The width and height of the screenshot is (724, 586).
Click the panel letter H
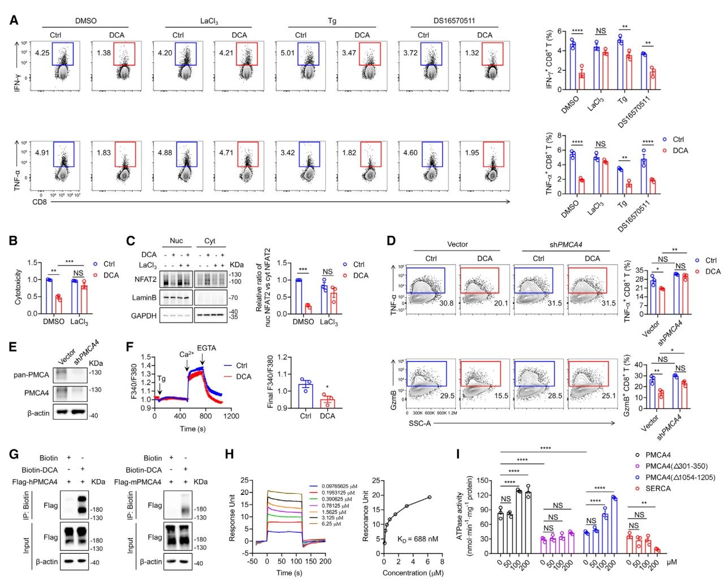pyautogui.click(x=230, y=454)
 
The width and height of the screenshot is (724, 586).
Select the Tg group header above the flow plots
pyautogui.click(x=332, y=21)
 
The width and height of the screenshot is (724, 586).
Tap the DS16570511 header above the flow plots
pyautogui.click(x=450, y=21)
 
